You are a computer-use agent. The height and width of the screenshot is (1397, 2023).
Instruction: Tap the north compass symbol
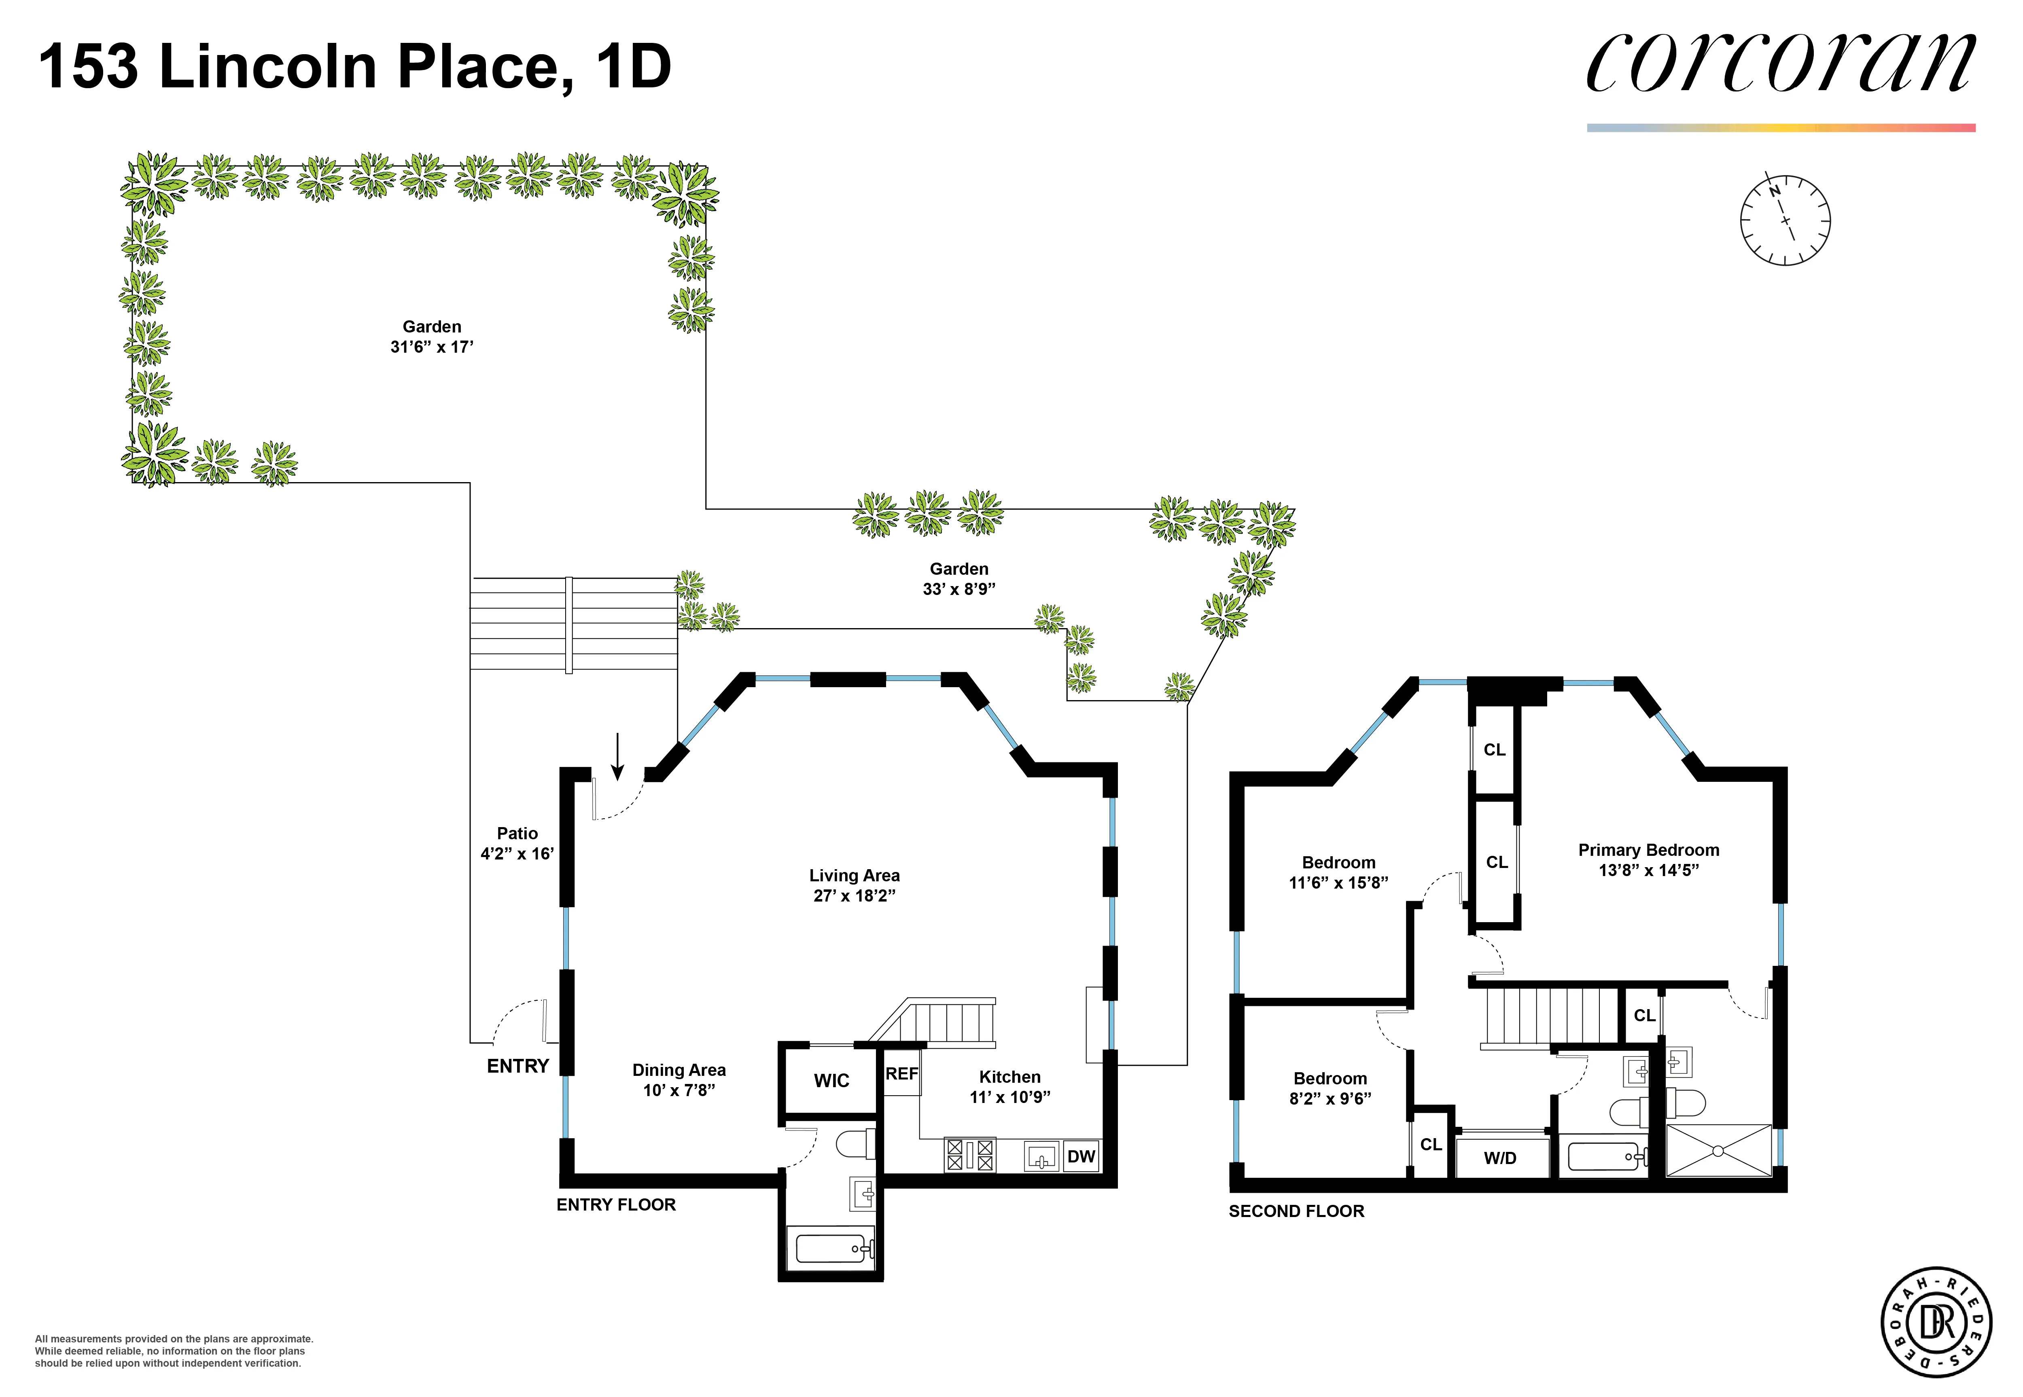(1784, 220)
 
